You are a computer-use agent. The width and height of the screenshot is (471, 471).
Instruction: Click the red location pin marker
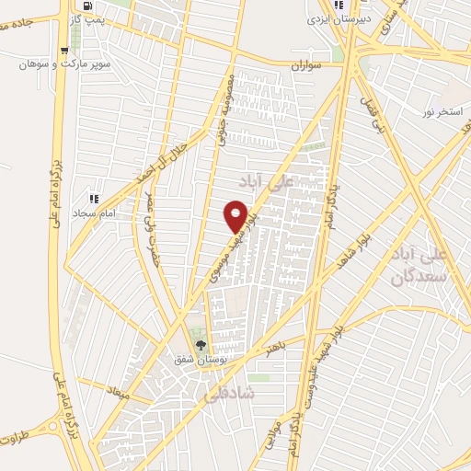[235, 214]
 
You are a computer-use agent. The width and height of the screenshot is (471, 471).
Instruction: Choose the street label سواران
[309, 66]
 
